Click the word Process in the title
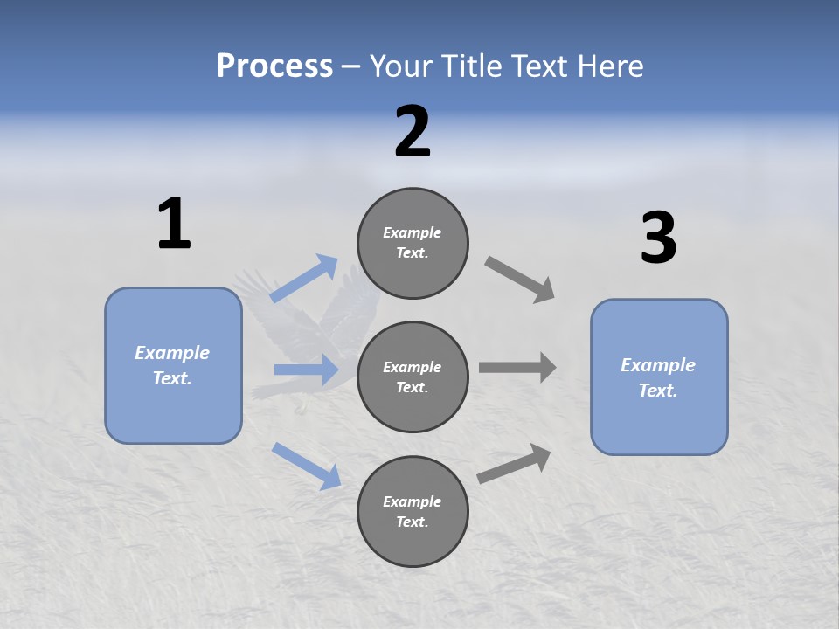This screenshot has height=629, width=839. [274, 66]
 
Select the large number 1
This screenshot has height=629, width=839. [174, 225]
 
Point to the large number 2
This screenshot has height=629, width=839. [413, 132]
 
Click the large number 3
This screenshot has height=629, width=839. [658, 238]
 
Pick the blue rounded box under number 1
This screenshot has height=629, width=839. [173, 365]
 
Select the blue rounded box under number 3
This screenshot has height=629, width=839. [659, 377]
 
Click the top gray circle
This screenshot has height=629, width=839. [413, 243]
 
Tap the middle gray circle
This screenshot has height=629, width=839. [413, 377]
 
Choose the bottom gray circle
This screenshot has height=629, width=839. [413, 512]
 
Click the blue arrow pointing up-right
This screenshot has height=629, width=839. [304, 279]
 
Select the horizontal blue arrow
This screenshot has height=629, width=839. [306, 370]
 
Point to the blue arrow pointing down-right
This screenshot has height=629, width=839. [306, 465]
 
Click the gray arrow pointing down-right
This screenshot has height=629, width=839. [520, 280]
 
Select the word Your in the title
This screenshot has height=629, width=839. [400, 66]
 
